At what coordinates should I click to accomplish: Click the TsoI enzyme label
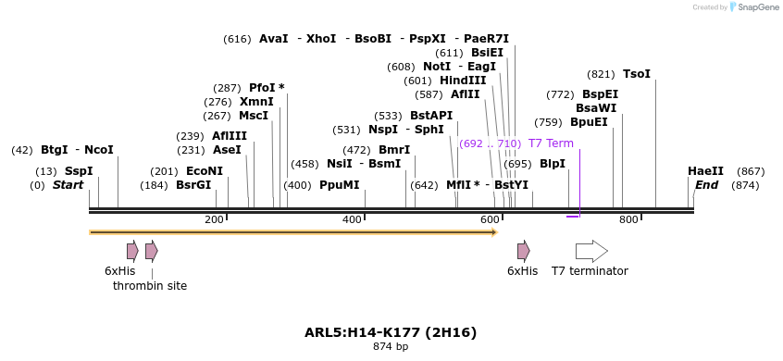tap(637, 74)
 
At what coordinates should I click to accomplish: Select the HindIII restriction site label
tap(463, 81)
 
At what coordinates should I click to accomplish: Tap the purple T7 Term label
tap(551, 143)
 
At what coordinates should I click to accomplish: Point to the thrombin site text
tap(150, 286)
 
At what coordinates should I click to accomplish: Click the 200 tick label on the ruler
tap(214, 219)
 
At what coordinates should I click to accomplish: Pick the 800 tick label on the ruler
tap(628, 219)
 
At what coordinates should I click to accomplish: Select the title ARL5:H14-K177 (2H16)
tap(391, 332)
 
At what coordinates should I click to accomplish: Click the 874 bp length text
tap(391, 347)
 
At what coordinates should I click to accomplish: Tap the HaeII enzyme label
tap(705, 171)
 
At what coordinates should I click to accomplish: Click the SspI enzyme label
tap(79, 171)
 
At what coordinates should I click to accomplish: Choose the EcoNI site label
tap(205, 171)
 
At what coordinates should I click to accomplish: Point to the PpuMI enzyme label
tap(339, 185)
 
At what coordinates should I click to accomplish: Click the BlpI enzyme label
tap(553, 164)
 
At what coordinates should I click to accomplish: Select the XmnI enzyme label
tap(256, 102)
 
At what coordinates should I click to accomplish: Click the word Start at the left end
tap(68, 185)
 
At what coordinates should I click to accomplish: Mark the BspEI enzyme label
tap(600, 94)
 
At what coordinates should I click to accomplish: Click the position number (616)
tap(237, 39)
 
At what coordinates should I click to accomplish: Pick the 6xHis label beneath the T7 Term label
tap(522, 271)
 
